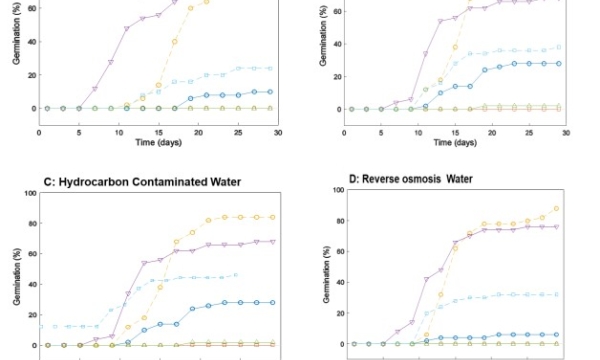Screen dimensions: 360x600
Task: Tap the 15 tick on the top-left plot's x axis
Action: tap(158, 131)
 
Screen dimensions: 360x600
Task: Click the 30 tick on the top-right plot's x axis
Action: tap(565, 131)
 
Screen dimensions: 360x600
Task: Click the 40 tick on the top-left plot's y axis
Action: tap(31, 42)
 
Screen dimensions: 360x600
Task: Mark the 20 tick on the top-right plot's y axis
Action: tap(337, 76)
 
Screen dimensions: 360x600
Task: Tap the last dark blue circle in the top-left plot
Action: tap(269, 92)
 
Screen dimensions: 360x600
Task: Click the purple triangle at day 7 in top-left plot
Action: tap(94, 89)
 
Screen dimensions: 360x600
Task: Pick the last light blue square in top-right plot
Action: tap(558, 47)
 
